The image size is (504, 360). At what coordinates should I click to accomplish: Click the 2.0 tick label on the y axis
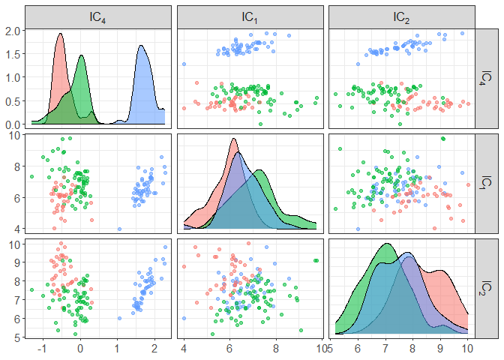click(x=15, y=31)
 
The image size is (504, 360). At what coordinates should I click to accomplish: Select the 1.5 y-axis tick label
click(x=15, y=54)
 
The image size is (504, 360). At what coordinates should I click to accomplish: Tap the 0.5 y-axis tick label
click(x=15, y=100)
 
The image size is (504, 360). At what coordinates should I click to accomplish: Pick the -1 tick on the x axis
click(x=43, y=349)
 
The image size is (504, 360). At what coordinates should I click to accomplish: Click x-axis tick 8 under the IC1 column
click(x=276, y=349)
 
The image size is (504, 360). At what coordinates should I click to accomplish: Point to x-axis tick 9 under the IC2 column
click(x=440, y=349)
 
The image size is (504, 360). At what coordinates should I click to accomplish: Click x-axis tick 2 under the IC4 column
click(x=154, y=349)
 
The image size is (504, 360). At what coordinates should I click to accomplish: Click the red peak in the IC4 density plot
click(x=60, y=34)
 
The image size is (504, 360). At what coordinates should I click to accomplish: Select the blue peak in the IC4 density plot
click(x=140, y=46)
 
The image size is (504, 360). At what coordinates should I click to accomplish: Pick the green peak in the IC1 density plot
click(x=259, y=171)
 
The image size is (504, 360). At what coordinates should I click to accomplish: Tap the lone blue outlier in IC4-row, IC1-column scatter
click(x=184, y=64)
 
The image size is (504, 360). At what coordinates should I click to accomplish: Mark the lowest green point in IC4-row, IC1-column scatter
click(x=260, y=123)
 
